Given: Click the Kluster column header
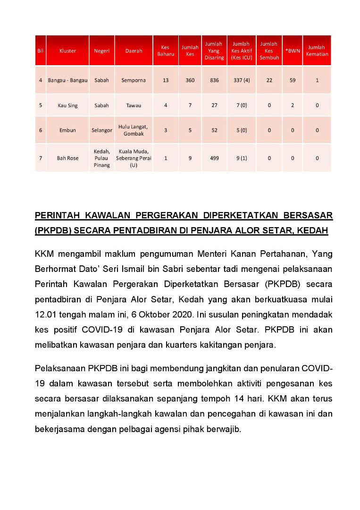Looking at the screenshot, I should coord(68,51).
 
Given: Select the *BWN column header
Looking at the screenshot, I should coord(293,51).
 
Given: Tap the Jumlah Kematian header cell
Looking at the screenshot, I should coord(317,51).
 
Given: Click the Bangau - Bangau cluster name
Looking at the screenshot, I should coord(68,80).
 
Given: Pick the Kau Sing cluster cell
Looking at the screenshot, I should coord(68,105).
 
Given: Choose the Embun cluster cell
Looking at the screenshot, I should coord(68,130).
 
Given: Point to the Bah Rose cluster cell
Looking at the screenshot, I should coord(68,158).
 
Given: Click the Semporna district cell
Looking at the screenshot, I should coord(134,80).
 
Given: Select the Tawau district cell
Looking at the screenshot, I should coord(134,105).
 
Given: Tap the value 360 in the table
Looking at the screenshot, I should coord(190,80).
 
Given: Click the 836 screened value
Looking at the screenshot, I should coord(214,80).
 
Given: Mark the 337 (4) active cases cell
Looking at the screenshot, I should coord(242,80).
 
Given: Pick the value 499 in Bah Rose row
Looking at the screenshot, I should coord(214,158).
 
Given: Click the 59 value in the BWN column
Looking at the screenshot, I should coord(293,80).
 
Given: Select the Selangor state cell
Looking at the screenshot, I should coord(101,130).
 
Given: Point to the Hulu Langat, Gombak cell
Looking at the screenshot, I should coord(134,130).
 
